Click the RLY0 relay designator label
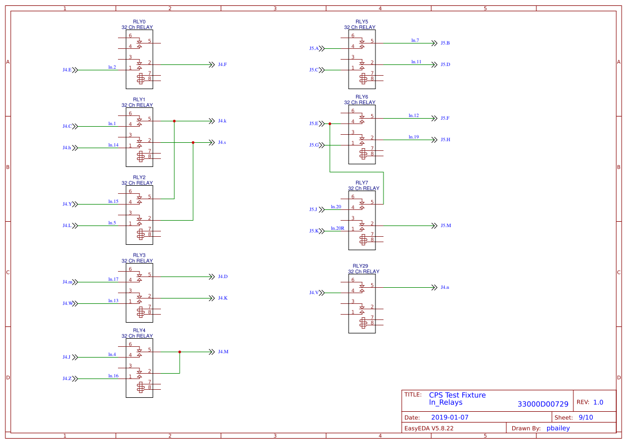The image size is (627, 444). click(x=139, y=22)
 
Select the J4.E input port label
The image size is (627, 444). click(x=67, y=70)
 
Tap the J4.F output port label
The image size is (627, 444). click(x=222, y=64)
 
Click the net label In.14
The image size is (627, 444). click(x=113, y=145)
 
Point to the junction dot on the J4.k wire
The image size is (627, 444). click(x=174, y=121)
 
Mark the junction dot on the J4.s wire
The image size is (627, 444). click(x=193, y=142)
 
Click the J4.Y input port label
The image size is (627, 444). click(x=67, y=204)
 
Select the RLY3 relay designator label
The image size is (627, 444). click(x=139, y=256)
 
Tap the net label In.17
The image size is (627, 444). click(x=113, y=279)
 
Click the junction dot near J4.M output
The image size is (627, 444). click(x=180, y=352)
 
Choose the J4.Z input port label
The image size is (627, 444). click(x=67, y=379)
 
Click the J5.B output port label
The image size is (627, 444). click(x=445, y=43)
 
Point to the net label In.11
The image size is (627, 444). click(x=416, y=62)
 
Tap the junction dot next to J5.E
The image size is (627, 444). click(x=330, y=123)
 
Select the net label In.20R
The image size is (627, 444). click(x=337, y=228)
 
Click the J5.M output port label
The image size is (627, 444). click(x=446, y=225)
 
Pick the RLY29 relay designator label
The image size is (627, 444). click(x=360, y=266)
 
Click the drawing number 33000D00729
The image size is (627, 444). click(x=543, y=404)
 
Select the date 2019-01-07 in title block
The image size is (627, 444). click(x=450, y=417)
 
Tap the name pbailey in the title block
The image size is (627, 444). click(x=558, y=428)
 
